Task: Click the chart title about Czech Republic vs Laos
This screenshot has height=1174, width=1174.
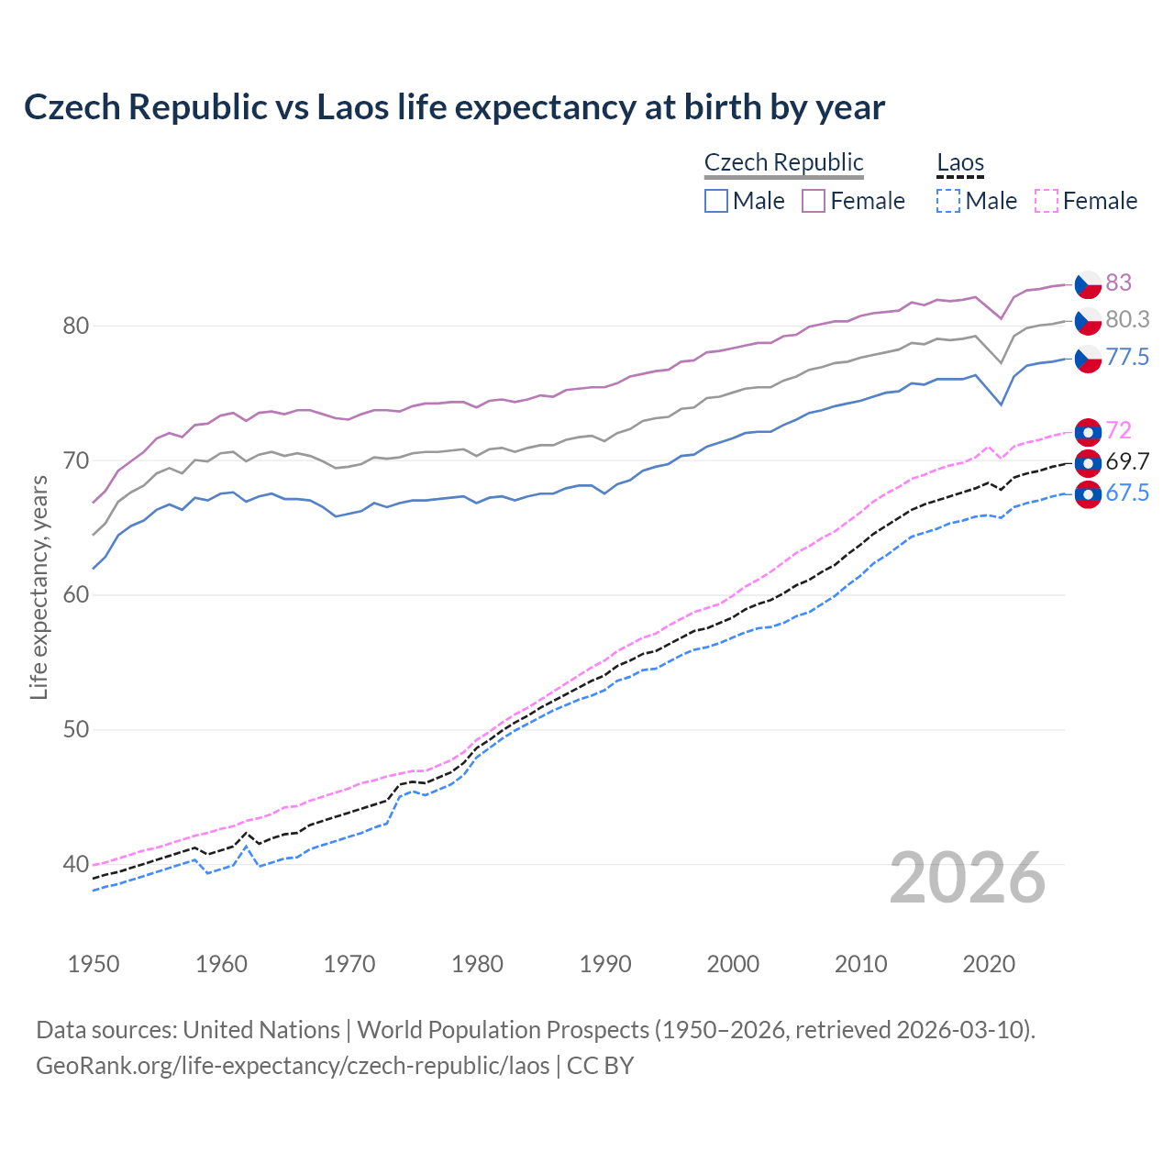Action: [x=454, y=107]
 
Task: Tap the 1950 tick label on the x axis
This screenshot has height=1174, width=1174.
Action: [x=94, y=964]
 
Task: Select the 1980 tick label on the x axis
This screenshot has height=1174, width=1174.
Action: [x=477, y=964]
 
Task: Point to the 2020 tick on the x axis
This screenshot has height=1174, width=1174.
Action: [x=989, y=964]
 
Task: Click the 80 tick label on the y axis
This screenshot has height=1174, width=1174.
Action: [x=76, y=326]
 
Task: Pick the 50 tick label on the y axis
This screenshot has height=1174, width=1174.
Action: [x=76, y=729]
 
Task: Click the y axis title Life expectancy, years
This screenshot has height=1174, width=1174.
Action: [x=39, y=587]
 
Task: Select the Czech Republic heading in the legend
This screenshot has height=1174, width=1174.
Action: [x=783, y=162]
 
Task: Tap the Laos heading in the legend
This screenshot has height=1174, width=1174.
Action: [x=959, y=162]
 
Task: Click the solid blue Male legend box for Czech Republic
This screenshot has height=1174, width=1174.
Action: [x=716, y=201]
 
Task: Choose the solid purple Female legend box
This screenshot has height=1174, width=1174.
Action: [x=814, y=201]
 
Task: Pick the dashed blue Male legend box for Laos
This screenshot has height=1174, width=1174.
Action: [x=948, y=201]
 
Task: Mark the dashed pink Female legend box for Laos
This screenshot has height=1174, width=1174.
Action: [x=1046, y=201]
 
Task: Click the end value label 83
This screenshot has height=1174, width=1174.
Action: [x=1118, y=282]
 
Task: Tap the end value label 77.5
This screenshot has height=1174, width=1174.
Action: [x=1126, y=357]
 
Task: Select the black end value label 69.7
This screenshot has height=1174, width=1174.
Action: [x=1126, y=461]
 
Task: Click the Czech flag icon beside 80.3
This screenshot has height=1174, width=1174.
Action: [x=1088, y=322]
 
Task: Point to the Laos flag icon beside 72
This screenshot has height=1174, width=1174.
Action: [x=1088, y=431]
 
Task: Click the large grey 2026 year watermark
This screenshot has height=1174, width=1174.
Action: [x=968, y=878]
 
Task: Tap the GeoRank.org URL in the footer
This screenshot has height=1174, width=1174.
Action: [x=293, y=1066]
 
